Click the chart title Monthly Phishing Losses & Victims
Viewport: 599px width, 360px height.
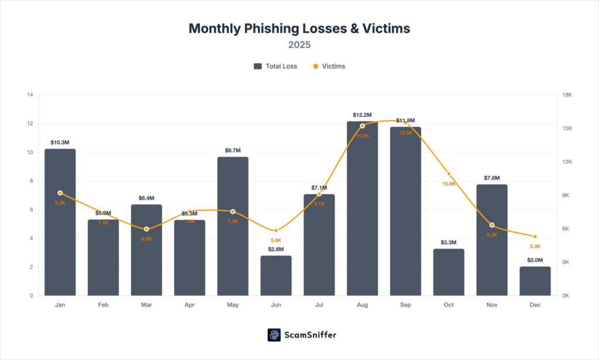pos(299,28)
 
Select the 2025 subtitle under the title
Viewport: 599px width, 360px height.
pos(299,44)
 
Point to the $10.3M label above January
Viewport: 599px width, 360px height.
pos(60,142)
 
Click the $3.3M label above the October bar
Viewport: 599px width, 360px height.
pos(449,242)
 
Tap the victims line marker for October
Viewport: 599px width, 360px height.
pos(449,174)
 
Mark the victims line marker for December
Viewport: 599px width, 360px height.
pos(535,236)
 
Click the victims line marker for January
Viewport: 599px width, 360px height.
pos(60,193)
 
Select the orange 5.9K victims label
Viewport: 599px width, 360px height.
pos(276,240)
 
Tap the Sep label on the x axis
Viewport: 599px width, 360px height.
pos(405,305)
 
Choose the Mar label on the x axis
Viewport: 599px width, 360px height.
pos(146,305)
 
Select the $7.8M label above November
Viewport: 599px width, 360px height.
pos(492,178)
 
